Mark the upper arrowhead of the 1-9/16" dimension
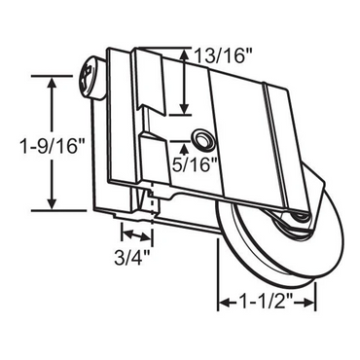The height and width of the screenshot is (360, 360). pyautogui.click(x=48, y=81)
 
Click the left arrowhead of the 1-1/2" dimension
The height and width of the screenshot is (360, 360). pyautogui.click(x=221, y=304)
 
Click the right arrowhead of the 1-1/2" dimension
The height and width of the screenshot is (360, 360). pyautogui.click(x=312, y=304)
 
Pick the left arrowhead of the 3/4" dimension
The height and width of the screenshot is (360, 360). pyautogui.click(x=124, y=234)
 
